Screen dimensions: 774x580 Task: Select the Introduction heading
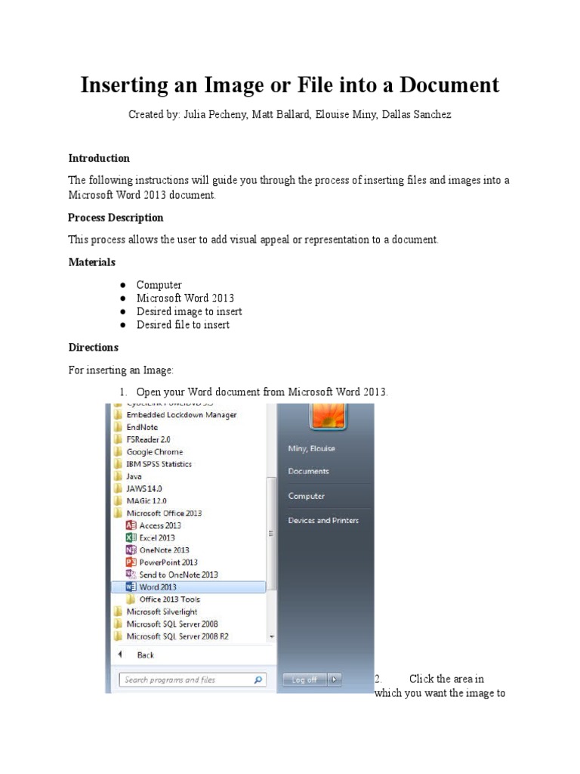click(x=99, y=159)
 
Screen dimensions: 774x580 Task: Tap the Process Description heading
click(x=116, y=218)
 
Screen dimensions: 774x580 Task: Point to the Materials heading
click(x=92, y=262)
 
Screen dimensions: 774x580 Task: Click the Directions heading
click(x=94, y=348)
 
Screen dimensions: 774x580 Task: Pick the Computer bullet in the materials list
click(x=159, y=285)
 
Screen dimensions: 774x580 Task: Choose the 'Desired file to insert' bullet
click(x=183, y=325)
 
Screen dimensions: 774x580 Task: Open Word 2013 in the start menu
click(x=159, y=587)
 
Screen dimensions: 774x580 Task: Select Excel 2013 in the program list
click(x=156, y=537)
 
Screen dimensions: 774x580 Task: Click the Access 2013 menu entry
click(x=159, y=525)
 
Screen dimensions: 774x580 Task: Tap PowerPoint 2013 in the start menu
click(x=168, y=562)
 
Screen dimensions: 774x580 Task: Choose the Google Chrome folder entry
click(x=154, y=452)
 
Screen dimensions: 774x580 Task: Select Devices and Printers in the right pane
click(x=323, y=521)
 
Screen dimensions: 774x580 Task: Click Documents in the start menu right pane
click(x=308, y=472)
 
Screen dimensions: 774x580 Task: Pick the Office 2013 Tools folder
click(x=169, y=599)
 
